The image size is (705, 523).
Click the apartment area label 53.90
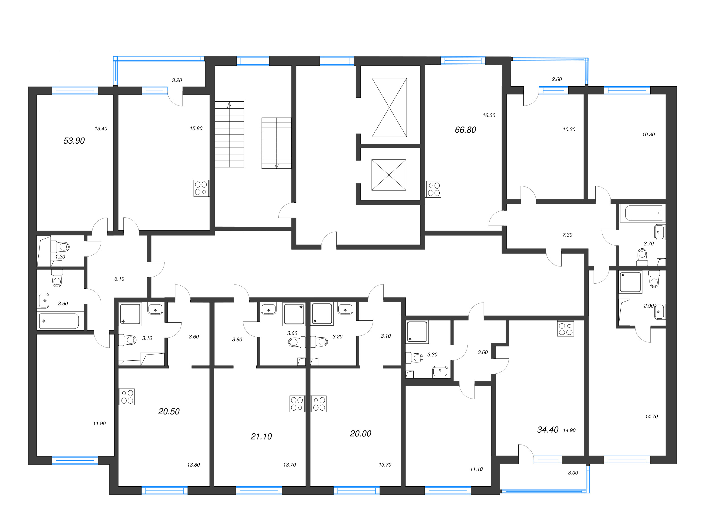point(74,141)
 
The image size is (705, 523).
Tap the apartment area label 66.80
point(465,130)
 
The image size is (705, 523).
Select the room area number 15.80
point(196,128)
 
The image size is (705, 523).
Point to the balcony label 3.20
point(177,80)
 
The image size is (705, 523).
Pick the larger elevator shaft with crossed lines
point(389,108)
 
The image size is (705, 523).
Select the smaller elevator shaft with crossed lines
point(389,175)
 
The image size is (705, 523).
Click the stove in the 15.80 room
point(201,188)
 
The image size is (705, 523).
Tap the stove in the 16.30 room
point(433,189)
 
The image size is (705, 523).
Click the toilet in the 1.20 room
point(61,247)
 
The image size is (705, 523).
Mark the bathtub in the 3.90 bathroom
point(59,321)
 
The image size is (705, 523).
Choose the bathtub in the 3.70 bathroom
point(644,213)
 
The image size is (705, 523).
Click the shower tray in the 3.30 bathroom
point(417,332)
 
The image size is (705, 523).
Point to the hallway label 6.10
point(119,279)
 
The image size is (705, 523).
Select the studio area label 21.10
point(261,437)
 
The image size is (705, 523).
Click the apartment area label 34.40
point(547,430)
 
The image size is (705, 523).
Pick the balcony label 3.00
point(572,473)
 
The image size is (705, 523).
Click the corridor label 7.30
point(567,235)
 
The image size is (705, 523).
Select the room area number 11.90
point(99,424)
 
